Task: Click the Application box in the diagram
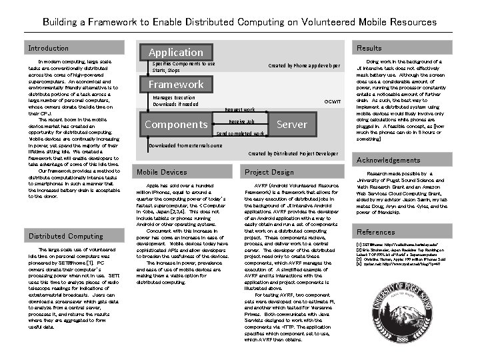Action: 176,52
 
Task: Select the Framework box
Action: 176,85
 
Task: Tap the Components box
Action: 177,125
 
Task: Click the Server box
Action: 291,124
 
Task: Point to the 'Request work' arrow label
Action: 240,109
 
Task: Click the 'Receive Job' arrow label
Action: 241,121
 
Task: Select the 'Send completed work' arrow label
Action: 241,133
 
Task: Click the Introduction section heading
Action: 48,48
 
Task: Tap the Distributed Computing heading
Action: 65,236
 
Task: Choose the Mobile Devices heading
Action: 162,172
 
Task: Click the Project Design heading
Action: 269,172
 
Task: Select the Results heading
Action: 369,48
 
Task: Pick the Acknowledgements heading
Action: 389,161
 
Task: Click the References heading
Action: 376,232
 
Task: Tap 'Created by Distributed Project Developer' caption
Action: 293,153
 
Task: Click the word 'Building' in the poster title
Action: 59,22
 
